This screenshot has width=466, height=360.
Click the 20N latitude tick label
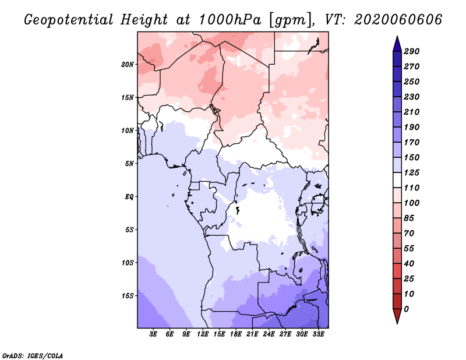(128, 65)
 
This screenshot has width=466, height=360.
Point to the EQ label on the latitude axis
(129, 197)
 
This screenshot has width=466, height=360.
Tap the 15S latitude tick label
(128, 296)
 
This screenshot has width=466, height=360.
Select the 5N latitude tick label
(129, 164)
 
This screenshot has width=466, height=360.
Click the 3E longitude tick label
(153, 334)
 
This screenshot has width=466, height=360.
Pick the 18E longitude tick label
(236, 334)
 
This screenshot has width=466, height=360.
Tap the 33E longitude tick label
(318, 334)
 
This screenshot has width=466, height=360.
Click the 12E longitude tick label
(203, 334)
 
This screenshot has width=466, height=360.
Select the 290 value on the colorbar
(412, 51)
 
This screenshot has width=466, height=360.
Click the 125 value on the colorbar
(412, 172)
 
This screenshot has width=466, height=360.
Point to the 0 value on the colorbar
(406, 309)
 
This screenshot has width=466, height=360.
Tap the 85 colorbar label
(409, 218)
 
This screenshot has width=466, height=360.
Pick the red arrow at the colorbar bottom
(397, 316)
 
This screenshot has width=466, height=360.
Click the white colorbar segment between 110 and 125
(397, 180)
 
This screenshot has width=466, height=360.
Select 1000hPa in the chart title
(230, 20)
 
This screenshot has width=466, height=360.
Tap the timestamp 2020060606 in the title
(398, 20)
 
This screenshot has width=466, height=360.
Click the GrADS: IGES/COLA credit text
(33, 356)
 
